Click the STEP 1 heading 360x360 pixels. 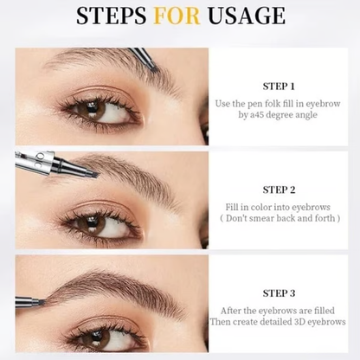279,86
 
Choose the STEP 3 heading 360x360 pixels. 279,293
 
